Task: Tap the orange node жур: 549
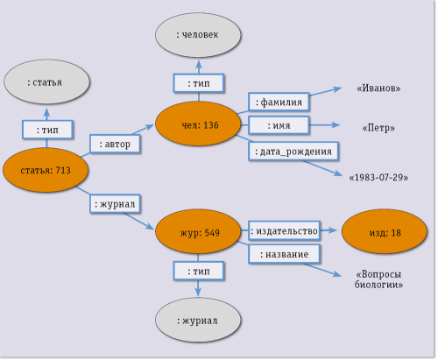[198, 233]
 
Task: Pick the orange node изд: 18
[384, 233]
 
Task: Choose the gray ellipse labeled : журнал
[198, 321]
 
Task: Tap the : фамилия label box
[279, 102]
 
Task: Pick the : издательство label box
[283, 231]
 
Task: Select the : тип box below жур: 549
[198, 272]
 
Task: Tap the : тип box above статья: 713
[46, 130]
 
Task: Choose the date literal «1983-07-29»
[378, 178]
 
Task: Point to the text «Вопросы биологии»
[378, 279]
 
